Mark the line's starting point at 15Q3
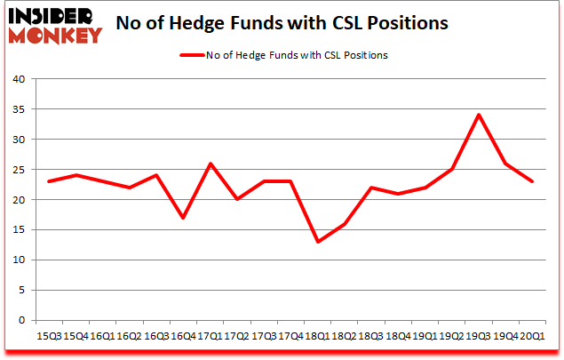tap(49, 181)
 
